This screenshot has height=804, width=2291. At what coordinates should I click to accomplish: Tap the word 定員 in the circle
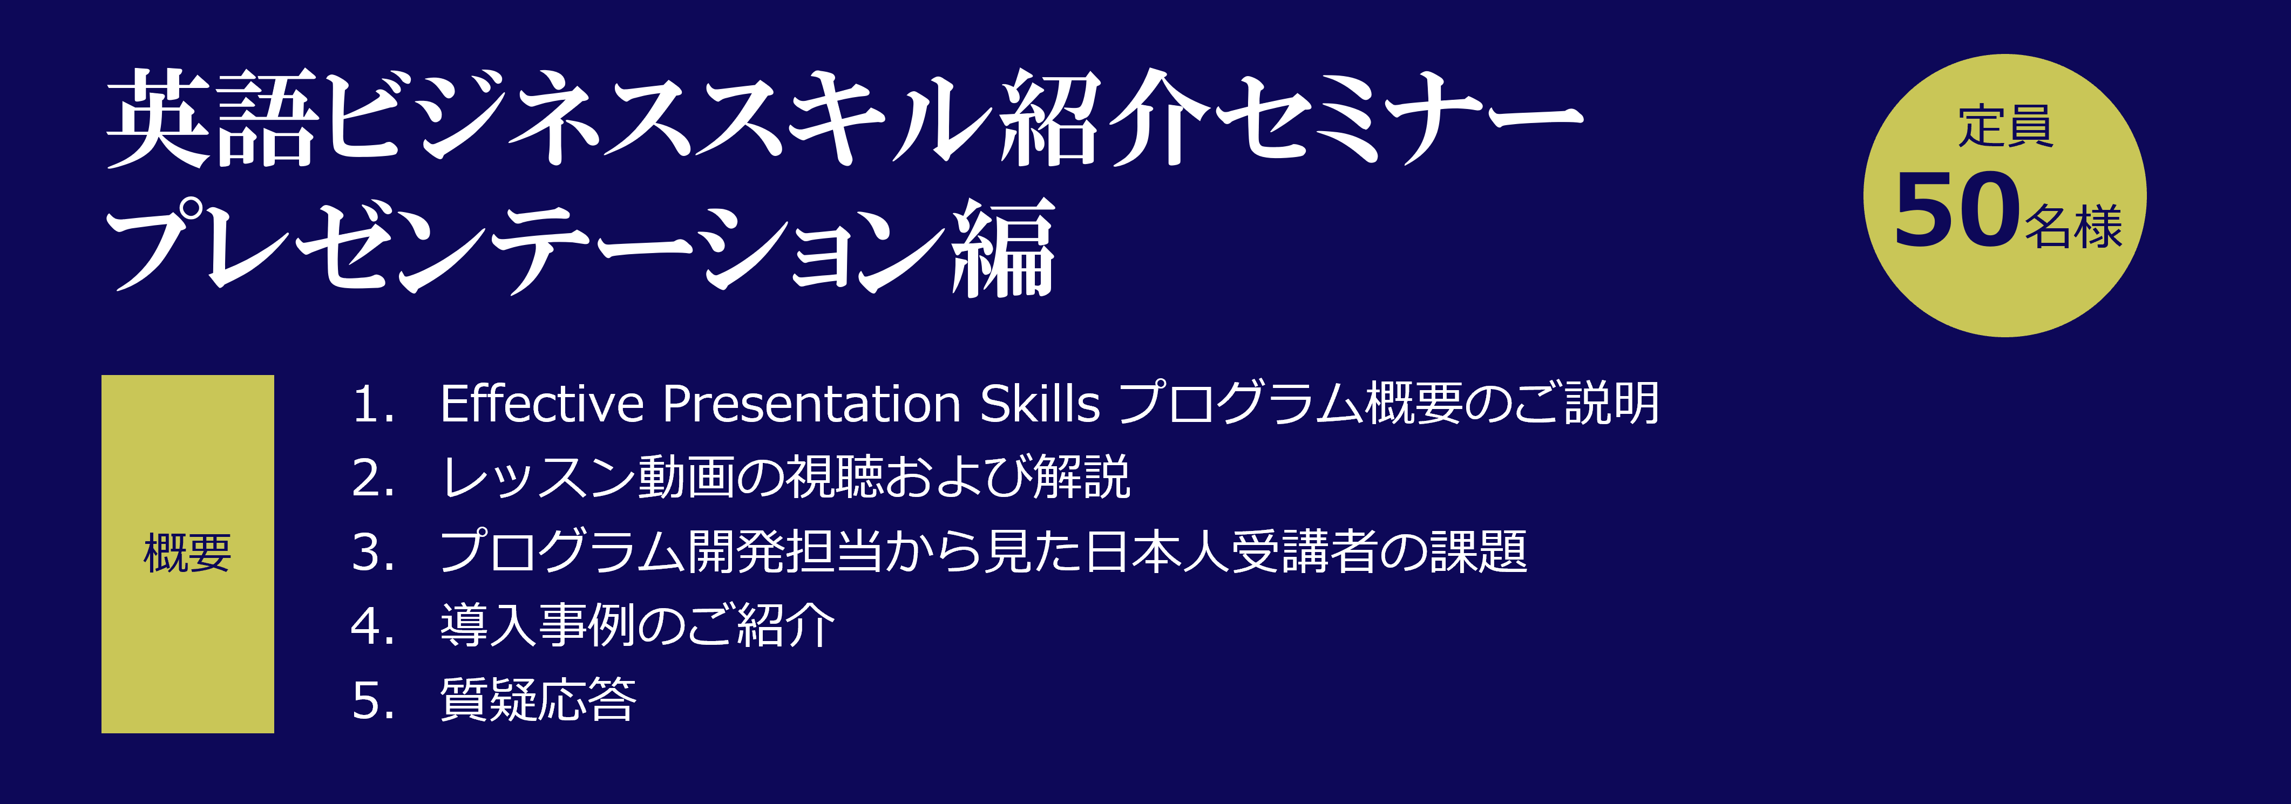pos(2005,126)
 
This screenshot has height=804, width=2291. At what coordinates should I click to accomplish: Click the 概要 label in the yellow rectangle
pos(188,553)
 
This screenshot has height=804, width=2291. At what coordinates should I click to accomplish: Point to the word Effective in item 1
pos(541,404)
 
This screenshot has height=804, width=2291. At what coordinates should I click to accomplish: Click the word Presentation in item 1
pos(812,404)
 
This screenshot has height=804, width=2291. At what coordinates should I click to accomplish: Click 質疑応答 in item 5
pos(538,700)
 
